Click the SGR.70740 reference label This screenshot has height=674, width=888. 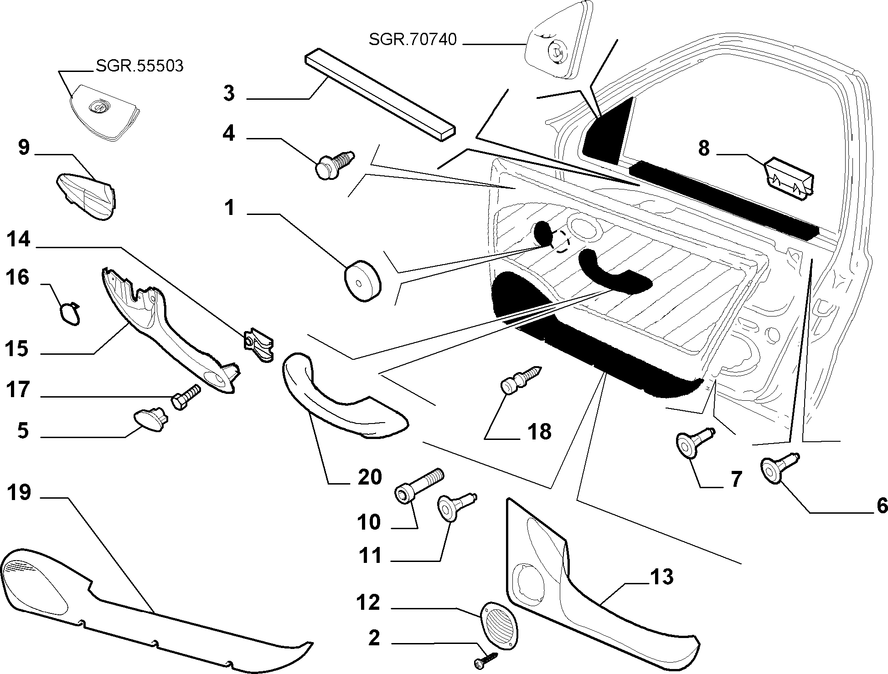pyautogui.click(x=413, y=40)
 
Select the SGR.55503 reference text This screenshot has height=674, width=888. pyautogui.click(x=139, y=66)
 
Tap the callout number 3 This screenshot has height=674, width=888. pyautogui.click(x=229, y=93)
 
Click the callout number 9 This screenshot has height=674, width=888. pyautogui.click(x=24, y=148)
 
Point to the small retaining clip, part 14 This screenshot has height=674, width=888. pyautogui.click(x=258, y=344)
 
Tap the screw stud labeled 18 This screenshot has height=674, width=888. pyautogui.click(x=521, y=378)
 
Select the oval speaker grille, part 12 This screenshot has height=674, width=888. pyautogui.click(x=499, y=625)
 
